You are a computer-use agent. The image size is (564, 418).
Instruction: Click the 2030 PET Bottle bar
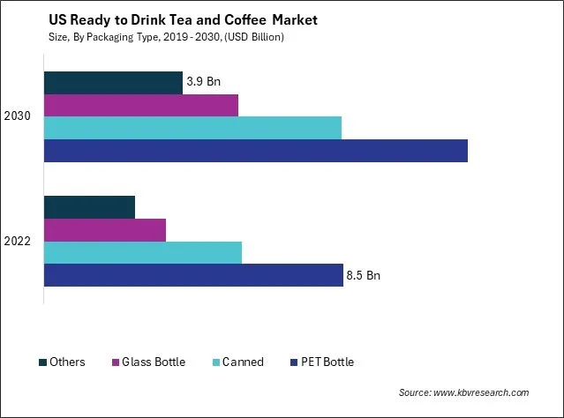255,151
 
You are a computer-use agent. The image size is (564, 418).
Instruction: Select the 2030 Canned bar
192,128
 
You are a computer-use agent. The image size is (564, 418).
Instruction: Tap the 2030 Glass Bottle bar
141,105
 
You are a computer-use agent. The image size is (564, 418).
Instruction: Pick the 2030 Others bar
113,82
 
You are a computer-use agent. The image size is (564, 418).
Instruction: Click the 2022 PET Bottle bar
193,275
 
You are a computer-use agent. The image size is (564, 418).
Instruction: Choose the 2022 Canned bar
142,252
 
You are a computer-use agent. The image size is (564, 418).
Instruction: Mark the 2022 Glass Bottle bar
104,229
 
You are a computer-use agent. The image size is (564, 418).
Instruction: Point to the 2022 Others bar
89,207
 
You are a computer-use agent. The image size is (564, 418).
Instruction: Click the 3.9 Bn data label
203,82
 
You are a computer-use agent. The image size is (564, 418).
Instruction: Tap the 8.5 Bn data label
364,276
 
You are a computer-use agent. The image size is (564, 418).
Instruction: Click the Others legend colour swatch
42,362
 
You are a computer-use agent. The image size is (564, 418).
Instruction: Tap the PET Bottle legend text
329,362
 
